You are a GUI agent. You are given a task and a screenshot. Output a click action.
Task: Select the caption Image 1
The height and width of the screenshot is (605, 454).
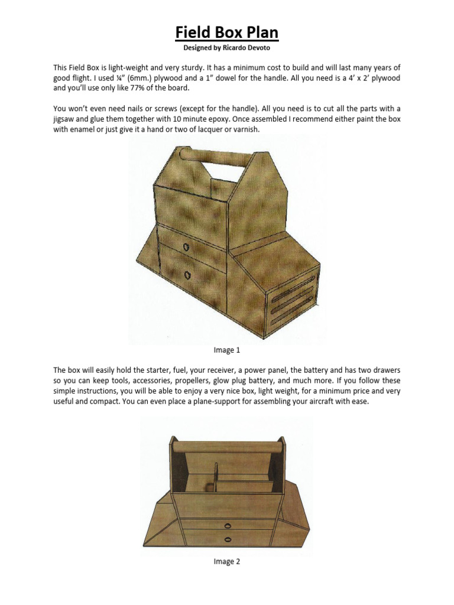click(227, 350)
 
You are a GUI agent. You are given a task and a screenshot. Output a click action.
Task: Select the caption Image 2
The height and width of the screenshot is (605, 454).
click(227, 562)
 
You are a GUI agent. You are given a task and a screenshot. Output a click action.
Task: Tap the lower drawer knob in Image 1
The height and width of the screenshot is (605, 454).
click(187, 275)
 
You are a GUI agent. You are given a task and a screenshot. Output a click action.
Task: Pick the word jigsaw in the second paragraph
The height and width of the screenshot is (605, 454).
click(66, 119)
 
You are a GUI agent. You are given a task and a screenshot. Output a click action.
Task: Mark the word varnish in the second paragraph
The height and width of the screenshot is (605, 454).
click(245, 129)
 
